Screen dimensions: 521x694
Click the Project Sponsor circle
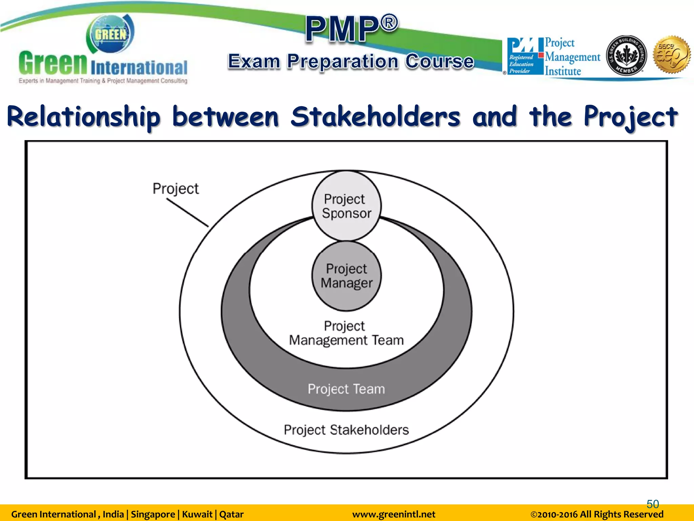[346, 206]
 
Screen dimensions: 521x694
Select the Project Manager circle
[346, 276]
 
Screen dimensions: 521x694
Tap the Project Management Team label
[346, 333]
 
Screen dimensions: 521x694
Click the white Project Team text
[346, 389]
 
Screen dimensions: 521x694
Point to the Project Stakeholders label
[346, 430]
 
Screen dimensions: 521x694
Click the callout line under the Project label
[187, 213]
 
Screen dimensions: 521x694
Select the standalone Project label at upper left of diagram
[176, 189]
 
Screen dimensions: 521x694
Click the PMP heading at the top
[351, 29]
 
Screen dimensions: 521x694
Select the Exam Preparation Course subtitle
[351, 62]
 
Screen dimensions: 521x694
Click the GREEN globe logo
[110, 34]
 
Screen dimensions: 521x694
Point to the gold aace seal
[672, 55]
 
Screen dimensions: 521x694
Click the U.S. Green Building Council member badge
[626, 55]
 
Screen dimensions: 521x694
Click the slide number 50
[653, 504]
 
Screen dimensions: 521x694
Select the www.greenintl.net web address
[393, 514]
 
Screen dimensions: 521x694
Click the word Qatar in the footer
[231, 514]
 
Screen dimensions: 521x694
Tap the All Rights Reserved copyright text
[597, 514]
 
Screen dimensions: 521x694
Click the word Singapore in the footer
[153, 514]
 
